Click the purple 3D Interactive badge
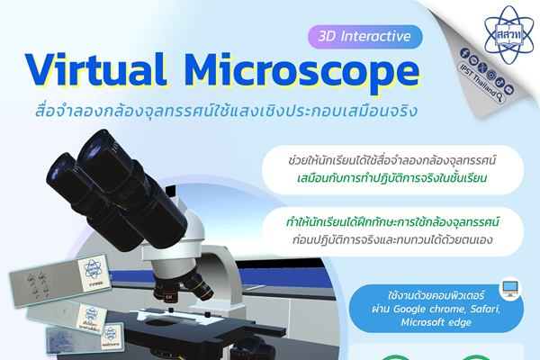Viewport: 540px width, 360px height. [364, 37]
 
